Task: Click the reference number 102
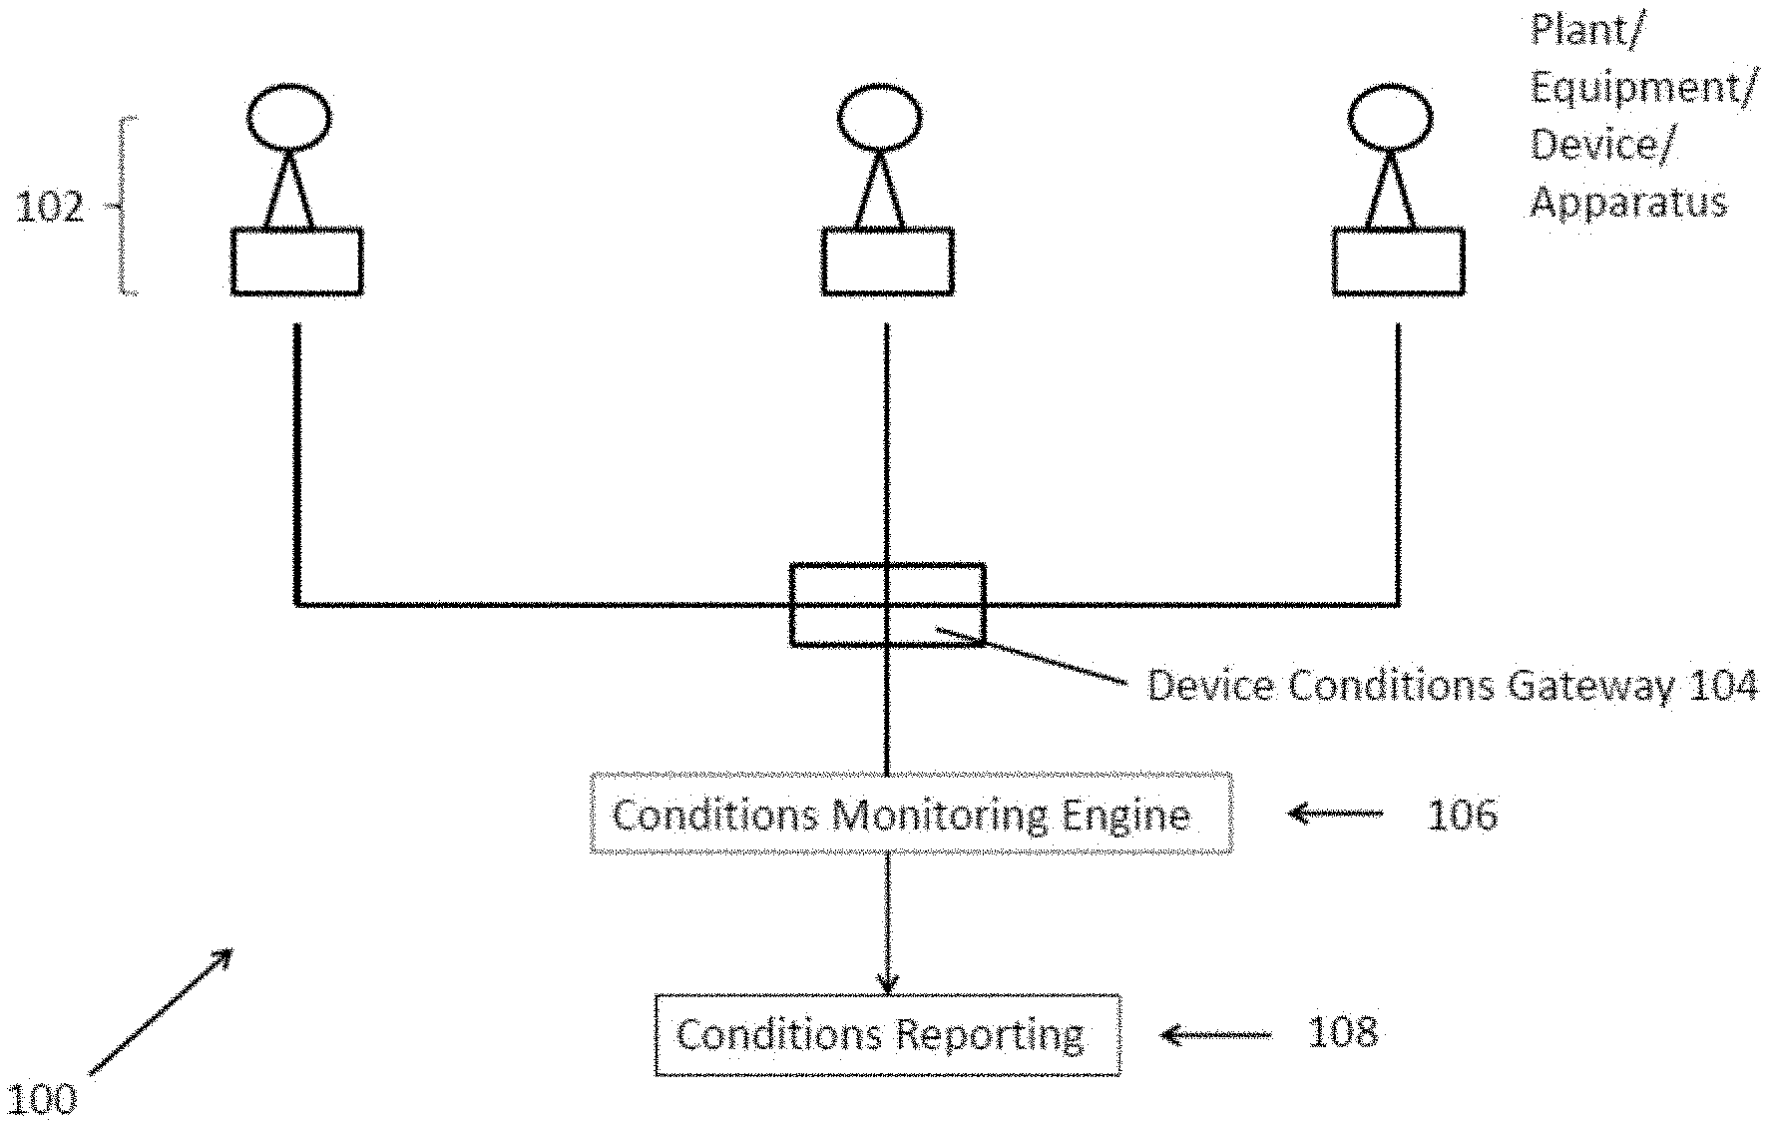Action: pyautogui.click(x=50, y=208)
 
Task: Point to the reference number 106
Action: pyautogui.click(x=1462, y=815)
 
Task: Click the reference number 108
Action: pyautogui.click(x=1342, y=1032)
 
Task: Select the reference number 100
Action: pyautogui.click(x=41, y=1099)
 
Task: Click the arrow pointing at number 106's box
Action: pyautogui.click(x=1335, y=814)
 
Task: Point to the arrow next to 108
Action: pyautogui.click(x=1216, y=1034)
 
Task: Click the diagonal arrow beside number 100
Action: pyautogui.click(x=161, y=1011)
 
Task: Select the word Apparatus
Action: pyautogui.click(x=1628, y=203)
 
